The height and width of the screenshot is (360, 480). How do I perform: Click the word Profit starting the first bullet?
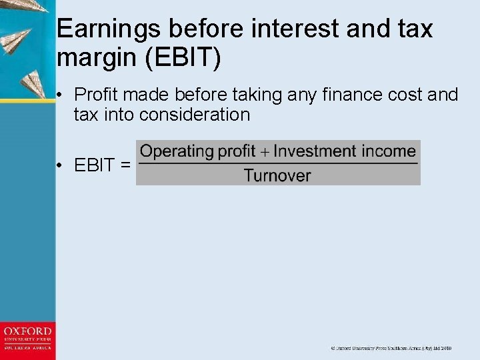98,95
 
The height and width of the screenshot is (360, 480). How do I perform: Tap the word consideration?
195,115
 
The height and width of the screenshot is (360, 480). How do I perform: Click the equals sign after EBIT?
125,165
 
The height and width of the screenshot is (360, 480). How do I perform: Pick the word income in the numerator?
389,151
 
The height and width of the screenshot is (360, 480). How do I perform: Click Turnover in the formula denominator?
277,176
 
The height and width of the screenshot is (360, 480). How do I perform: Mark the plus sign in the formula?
265,152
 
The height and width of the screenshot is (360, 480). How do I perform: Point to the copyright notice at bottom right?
391,348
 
